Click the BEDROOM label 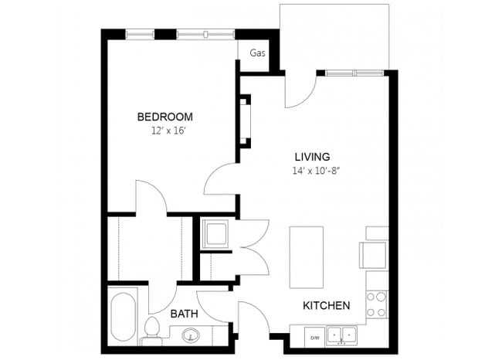click(165, 117)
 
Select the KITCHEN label click(325, 306)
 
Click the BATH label click(184, 314)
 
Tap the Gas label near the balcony click(256, 53)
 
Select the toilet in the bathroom click(153, 331)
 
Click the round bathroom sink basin click(191, 336)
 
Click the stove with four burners click(375, 304)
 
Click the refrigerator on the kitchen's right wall click(374, 254)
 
